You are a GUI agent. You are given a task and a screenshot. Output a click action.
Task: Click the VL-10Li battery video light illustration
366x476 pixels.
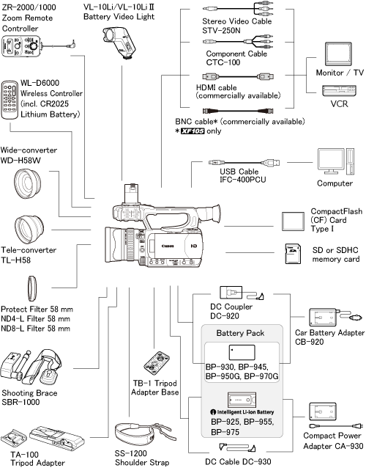(x=119, y=42)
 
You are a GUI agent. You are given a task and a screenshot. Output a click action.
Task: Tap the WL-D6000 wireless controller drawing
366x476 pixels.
(x=10, y=100)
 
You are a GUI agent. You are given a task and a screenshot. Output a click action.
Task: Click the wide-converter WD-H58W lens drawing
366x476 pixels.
(x=28, y=183)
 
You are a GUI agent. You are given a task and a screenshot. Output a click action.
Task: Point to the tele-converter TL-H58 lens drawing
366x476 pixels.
(x=29, y=230)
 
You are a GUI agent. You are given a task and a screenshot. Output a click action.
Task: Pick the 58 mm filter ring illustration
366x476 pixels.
(x=31, y=288)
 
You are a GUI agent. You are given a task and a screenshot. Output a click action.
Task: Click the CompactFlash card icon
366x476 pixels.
(x=293, y=221)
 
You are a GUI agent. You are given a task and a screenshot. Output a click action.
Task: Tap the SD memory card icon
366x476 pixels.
(x=293, y=254)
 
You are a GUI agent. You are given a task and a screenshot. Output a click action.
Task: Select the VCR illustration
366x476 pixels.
(x=339, y=91)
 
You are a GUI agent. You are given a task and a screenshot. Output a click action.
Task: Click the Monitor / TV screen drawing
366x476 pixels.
(x=338, y=54)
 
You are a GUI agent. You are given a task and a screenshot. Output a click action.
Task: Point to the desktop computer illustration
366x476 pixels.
(x=336, y=161)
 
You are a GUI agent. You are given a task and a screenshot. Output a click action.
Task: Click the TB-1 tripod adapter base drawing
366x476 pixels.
(x=157, y=363)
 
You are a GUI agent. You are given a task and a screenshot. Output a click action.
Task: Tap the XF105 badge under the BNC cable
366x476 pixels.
(x=193, y=131)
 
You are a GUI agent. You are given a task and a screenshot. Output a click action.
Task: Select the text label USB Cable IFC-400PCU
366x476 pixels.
(x=243, y=175)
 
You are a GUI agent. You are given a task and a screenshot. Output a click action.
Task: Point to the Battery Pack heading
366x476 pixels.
(x=240, y=333)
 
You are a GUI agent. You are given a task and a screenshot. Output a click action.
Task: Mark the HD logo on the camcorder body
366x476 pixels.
(x=193, y=246)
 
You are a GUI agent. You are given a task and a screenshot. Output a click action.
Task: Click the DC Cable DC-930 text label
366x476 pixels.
(x=238, y=462)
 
